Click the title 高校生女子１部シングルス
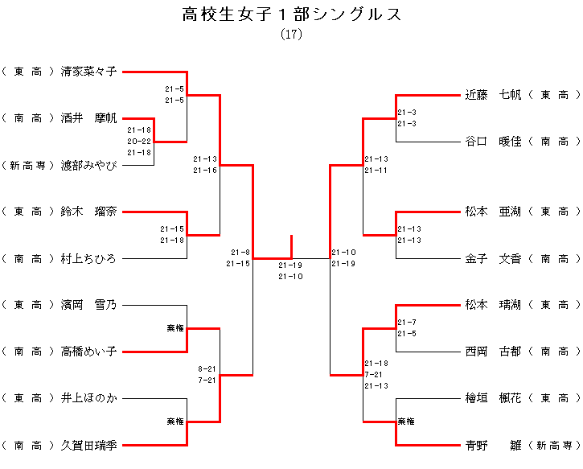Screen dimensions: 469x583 click(x=291, y=14)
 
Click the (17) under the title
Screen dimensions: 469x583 click(x=291, y=35)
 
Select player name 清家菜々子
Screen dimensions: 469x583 click(x=88, y=72)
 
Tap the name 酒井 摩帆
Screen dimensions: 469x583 click(x=88, y=118)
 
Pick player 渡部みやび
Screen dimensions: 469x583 click(x=88, y=166)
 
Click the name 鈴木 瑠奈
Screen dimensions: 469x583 click(x=88, y=212)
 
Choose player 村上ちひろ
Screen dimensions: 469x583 click(x=88, y=259)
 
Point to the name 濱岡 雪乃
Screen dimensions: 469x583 click(x=88, y=305)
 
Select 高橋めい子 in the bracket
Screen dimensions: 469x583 click(x=88, y=352)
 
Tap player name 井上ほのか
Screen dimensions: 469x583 click(x=88, y=398)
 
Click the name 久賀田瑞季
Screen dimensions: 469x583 click(x=88, y=445)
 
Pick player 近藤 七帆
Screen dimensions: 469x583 click(x=493, y=95)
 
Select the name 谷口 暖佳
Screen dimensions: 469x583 click(x=493, y=142)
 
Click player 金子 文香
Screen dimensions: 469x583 click(x=493, y=259)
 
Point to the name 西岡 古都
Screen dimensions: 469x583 click(x=493, y=352)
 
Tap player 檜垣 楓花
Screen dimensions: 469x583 click(x=493, y=398)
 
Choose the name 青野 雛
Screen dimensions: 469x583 click(x=493, y=445)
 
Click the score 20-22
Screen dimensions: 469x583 click(x=139, y=141)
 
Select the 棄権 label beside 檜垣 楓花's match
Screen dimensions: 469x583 click(x=406, y=422)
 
